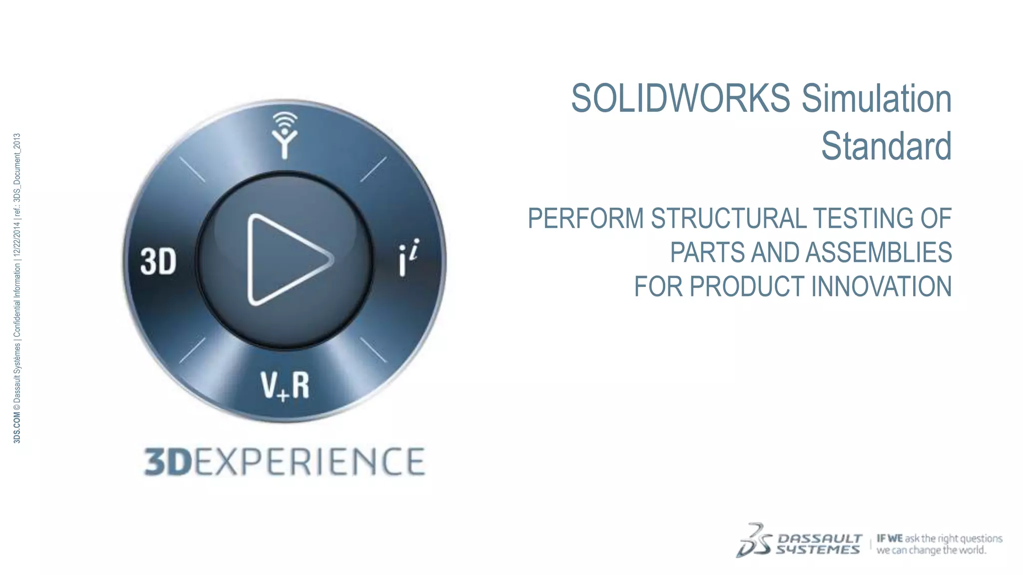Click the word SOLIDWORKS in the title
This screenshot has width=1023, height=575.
(680, 98)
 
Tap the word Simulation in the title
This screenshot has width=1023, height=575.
(877, 98)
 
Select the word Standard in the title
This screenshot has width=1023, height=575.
(886, 146)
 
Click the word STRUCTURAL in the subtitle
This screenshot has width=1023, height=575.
(728, 219)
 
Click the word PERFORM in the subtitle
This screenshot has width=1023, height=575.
(585, 219)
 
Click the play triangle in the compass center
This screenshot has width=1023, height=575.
(285, 260)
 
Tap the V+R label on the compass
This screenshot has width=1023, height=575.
(285, 385)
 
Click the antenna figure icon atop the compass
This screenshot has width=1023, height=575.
(285, 135)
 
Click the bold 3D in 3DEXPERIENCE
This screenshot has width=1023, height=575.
(168, 462)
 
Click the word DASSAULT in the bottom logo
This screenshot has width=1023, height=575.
(820, 539)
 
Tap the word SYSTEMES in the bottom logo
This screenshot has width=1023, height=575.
(818, 550)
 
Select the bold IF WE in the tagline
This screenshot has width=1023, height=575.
(890, 539)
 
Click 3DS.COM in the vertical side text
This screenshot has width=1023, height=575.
(17, 428)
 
